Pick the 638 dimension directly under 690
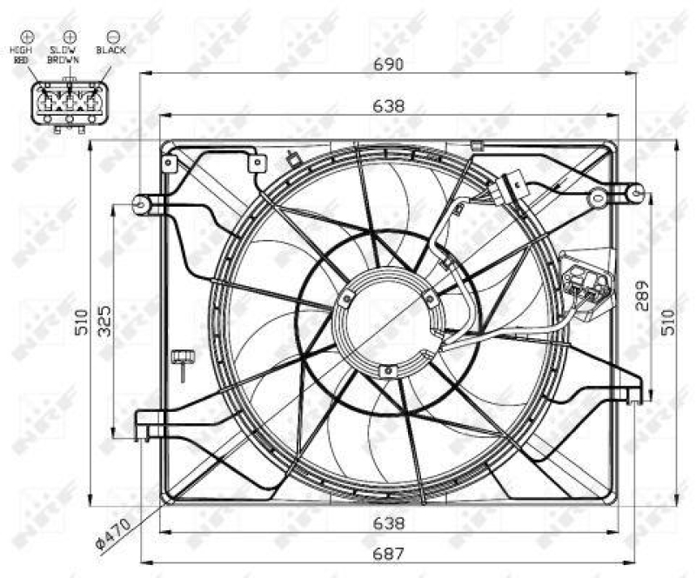[388, 106]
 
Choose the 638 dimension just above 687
[388, 523]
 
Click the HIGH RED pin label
[21, 55]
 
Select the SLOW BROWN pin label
[64, 55]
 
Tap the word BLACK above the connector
[111, 50]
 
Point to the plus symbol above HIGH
[27, 36]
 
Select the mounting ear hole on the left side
[140, 203]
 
